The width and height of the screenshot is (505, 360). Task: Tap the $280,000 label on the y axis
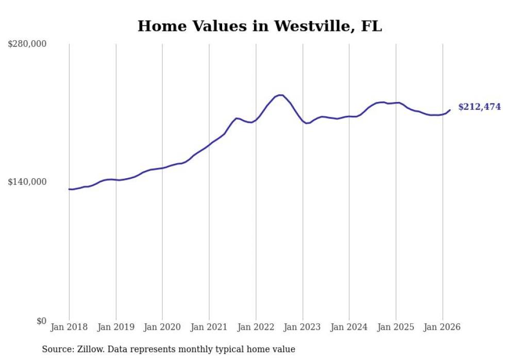pyautogui.click(x=27, y=44)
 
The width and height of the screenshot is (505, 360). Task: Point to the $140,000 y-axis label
pyautogui.click(x=27, y=182)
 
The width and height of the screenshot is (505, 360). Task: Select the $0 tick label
pyautogui.click(x=41, y=321)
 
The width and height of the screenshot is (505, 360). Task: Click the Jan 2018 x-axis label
pyautogui.click(x=69, y=327)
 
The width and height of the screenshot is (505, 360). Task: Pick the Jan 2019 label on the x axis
pyautogui.click(x=116, y=327)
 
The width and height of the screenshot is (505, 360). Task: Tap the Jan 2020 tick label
pyautogui.click(x=162, y=327)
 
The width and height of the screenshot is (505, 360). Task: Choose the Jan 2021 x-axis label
pyautogui.click(x=209, y=327)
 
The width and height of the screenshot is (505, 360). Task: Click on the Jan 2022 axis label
pyautogui.click(x=256, y=327)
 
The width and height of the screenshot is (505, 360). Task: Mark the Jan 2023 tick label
pyautogui.click(x=302, y=327)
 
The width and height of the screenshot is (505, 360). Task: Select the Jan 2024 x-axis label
pyautogui.click(x=349, y=327)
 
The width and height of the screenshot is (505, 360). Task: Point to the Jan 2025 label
pyautogui.click(x=396, y=327)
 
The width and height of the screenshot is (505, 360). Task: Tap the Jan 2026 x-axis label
pyautogui.click(x=442, y=327)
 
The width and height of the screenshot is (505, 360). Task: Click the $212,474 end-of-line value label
pyautogui.click(x=479, y=107)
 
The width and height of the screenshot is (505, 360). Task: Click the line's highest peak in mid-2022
pyautogui.click(x=280, y=95)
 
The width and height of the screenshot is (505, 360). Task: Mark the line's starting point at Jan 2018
pyautogui.click(x=69, y=189)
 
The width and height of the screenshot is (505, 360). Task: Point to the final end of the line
pyautogui.click(x=450, y=110)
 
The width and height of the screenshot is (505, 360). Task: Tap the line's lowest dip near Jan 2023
pyautogui.click(x=306, y=123)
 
